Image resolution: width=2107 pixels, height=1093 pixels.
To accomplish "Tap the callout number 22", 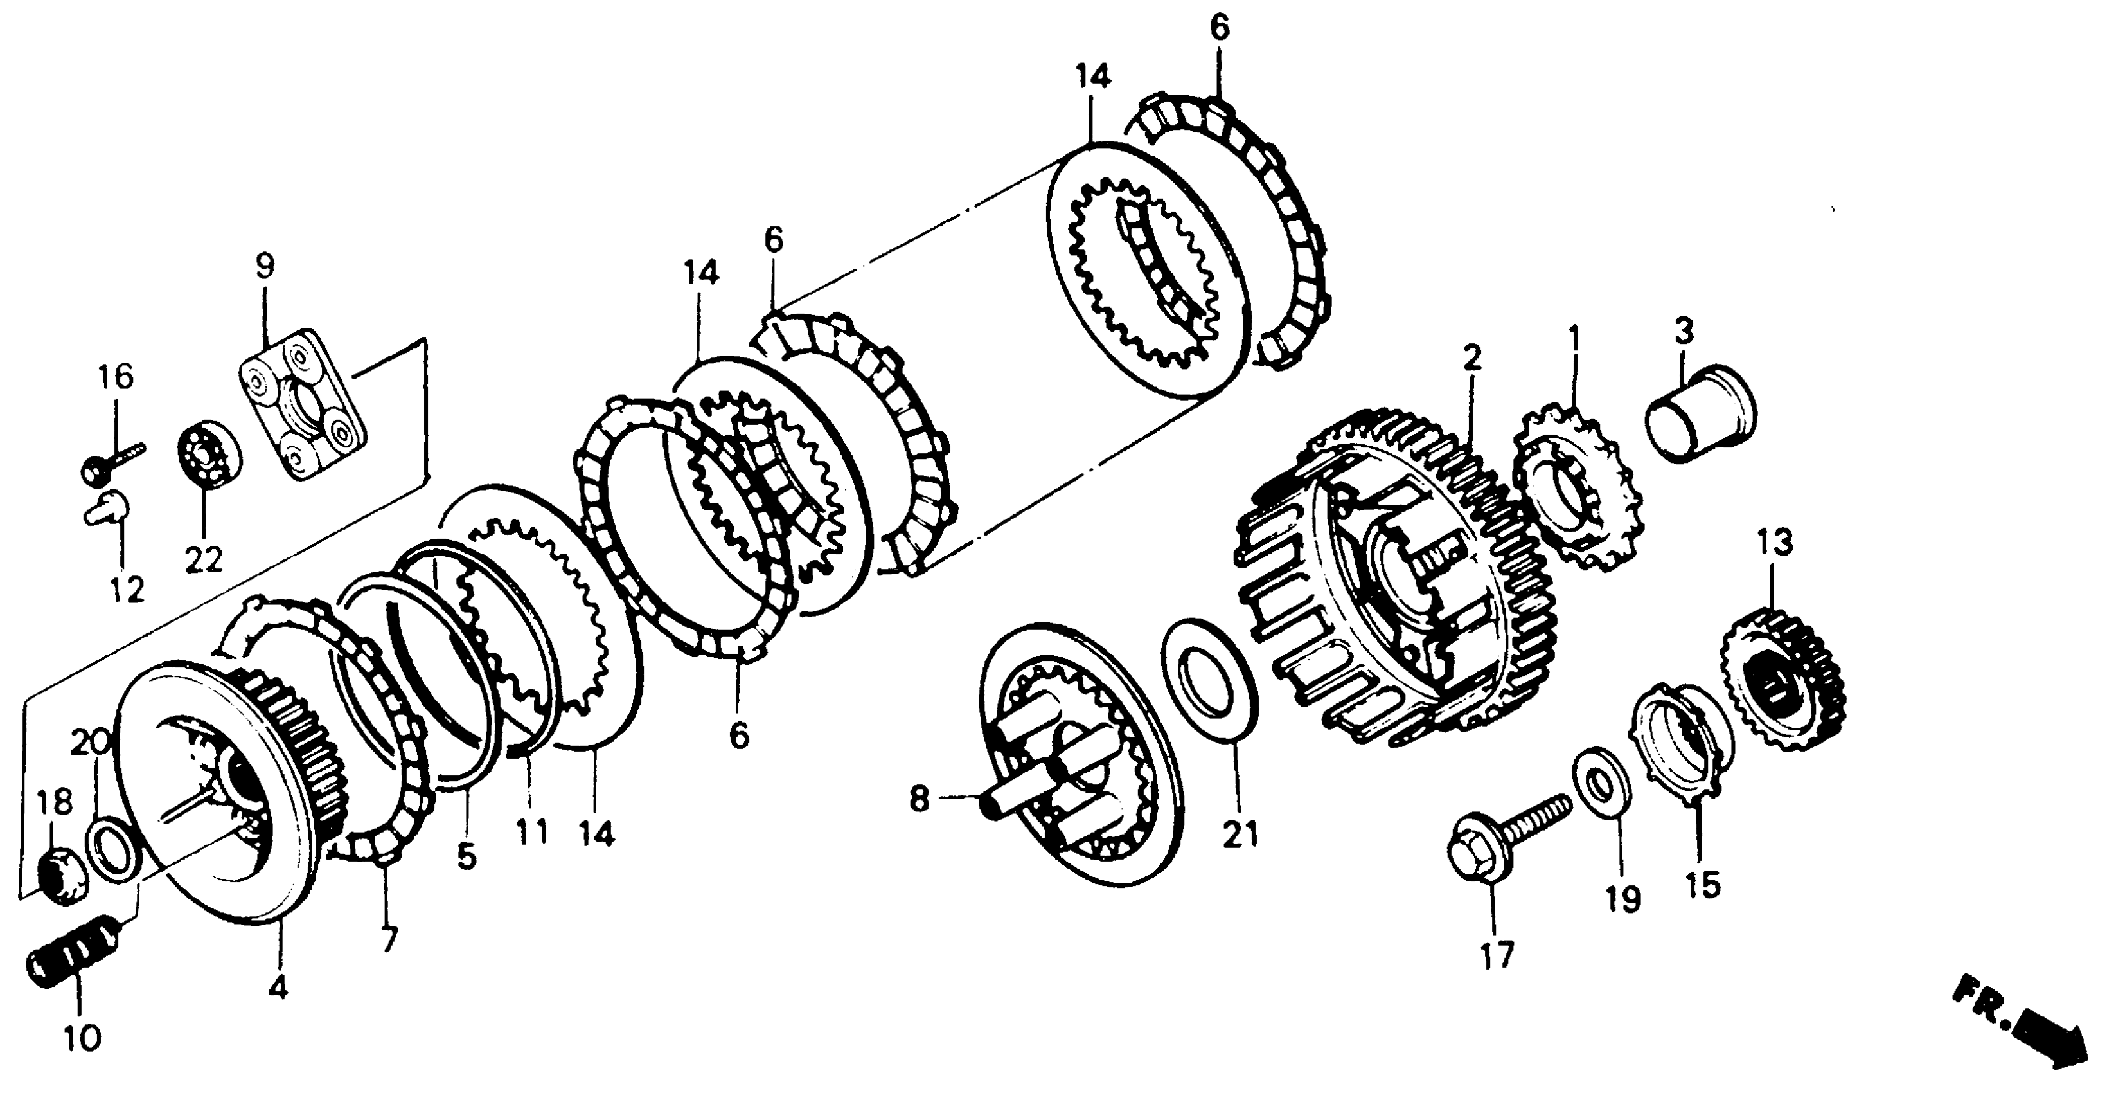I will [203, 561].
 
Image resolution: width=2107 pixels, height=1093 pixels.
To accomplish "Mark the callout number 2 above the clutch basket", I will [1472, 358].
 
